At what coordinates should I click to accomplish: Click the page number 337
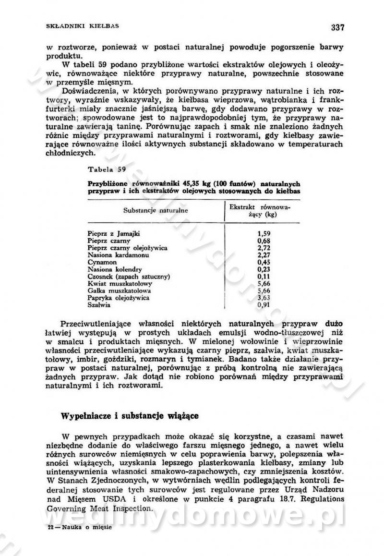[x=337, y=28]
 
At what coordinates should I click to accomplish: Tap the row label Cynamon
[x=102, y=262]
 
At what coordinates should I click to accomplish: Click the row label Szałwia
[x=99, y=305]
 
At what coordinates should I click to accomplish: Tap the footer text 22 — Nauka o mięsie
[x=80, y=527]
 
